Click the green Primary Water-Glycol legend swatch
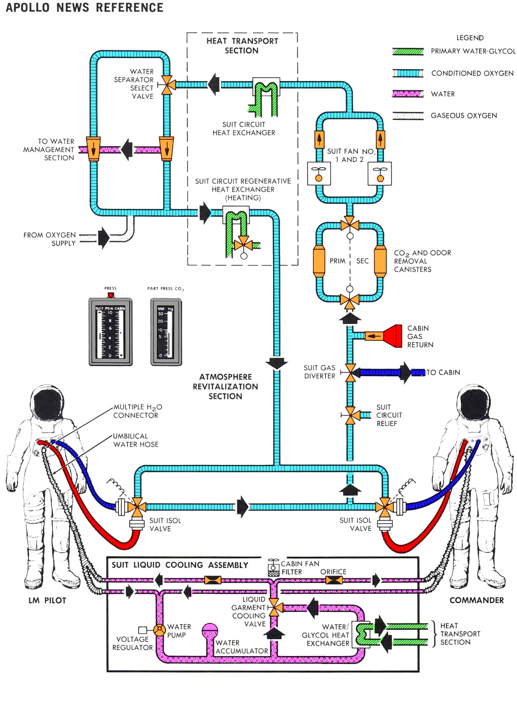click(x=408, y=52)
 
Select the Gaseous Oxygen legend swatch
click(x=408, y=116)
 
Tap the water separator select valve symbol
click(x=167, y=85)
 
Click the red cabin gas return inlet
click(x=392, y=336)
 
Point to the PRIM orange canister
click(x=319, y=261)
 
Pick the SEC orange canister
click(x=380, y=261)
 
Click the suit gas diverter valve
click(x=350, y=373)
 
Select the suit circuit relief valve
click(x=350, y=415)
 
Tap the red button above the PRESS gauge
click(x=111, y=295)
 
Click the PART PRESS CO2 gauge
click(x=166, y=332)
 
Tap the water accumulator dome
click(x=209, y=630)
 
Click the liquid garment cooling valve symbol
click(x=274, y=608)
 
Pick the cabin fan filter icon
click(x=273, y=568)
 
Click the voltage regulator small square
click(x=143, y=630)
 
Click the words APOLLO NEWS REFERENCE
click(x=85, y=8)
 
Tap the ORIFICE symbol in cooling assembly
click(x=334, y=581)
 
